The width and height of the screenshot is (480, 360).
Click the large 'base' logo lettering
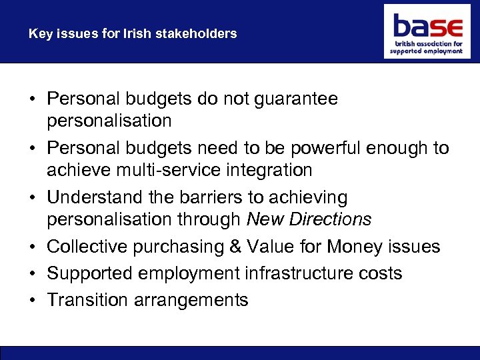pyautogui.click(x=427, y=27)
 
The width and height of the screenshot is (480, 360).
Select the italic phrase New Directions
pyautogui.click(x=309, y=220)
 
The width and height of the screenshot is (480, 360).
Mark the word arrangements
pyautogui.click(x=191, y=301)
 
